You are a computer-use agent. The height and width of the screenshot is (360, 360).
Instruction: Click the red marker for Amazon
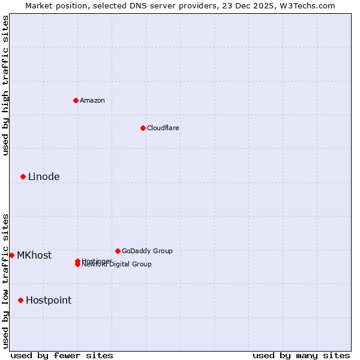coord(76,100)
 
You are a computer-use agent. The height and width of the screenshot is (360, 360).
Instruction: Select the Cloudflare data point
coord(143,128)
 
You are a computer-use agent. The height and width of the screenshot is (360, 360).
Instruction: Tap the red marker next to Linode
coord(23,176)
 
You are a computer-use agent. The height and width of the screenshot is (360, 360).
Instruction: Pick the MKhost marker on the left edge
coord(11,255)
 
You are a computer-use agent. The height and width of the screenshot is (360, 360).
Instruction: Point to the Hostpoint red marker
coord(20,300)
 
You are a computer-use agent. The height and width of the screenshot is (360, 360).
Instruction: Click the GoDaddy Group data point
coord(118,251)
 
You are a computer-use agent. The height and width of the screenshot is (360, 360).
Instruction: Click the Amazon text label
coord(92,100)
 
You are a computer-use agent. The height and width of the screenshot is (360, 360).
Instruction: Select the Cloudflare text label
coord(163,128)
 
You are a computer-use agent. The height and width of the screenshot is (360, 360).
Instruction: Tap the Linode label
coord(44,176)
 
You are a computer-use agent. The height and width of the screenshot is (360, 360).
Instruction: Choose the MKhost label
coord(34,255)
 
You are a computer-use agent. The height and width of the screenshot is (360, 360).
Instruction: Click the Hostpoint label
coord(49,300)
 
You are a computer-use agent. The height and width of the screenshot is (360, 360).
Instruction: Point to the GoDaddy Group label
coord(147,251)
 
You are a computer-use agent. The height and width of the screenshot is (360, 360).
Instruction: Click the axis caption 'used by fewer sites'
coord(62,355)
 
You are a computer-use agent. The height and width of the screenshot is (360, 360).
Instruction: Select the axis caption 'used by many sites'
coord(301,355)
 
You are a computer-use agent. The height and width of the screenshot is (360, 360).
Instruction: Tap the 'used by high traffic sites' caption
coord(5,85)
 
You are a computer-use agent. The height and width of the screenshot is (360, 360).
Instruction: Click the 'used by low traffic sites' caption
coord(5,281)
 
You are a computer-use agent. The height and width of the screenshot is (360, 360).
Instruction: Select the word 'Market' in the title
coord(39,5)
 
